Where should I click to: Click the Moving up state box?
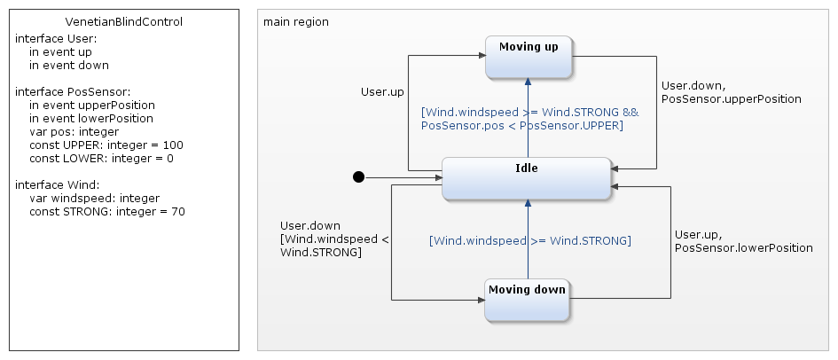tap(529, 57)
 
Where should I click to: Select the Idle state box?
tap(527, 177)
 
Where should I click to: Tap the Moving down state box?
tap(527, 300)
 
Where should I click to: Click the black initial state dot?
tap(358, 177)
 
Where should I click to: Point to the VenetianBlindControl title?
tap(124, 22)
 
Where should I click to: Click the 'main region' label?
tap(296, 21)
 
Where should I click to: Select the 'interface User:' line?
tap(56, 38)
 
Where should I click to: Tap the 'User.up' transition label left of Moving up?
tap(382, 91)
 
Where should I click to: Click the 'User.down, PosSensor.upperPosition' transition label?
tap(731, 92)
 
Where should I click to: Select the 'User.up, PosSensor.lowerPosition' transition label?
tap(743, 241)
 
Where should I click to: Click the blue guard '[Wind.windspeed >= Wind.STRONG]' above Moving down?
tap(529, 240)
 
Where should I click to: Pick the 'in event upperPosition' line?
tap(92, 105)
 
